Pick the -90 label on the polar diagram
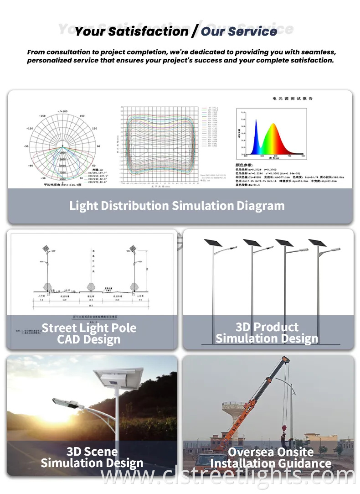pos(27,146)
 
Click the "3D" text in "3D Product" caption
pos(244,327)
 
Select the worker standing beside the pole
pos(283,441)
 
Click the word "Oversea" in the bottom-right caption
pos(251,452)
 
